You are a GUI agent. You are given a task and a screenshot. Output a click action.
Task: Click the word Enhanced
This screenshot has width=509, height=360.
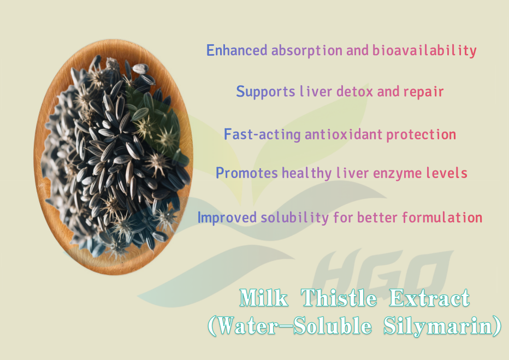[236, 50]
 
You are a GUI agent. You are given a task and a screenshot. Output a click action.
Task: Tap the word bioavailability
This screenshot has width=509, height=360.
[424, 51]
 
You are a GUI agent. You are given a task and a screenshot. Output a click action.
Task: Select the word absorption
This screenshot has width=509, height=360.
[307, 51]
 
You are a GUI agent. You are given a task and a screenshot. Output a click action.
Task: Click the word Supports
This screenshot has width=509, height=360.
[265, 92]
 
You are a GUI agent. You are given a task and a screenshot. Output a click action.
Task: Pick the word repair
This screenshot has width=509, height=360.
[423, 92]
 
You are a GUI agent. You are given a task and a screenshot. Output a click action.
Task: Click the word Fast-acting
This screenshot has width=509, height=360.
[262, 134]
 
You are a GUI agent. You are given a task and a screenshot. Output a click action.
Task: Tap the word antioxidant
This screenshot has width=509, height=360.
[344, 134]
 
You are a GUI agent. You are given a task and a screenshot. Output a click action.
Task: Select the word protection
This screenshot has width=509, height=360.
[421, 135]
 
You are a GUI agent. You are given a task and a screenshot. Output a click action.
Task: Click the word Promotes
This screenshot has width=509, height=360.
[247, 173]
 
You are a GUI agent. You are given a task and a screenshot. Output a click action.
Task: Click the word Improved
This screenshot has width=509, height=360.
[227, 217]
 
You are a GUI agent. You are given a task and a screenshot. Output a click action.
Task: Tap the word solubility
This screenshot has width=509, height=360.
[295, 217]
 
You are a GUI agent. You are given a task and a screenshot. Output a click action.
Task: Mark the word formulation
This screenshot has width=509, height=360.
[442, 217]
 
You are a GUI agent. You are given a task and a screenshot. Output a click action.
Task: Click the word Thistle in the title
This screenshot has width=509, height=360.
[339, 298]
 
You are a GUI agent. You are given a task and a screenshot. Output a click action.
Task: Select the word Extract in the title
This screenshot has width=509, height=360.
[429, 298]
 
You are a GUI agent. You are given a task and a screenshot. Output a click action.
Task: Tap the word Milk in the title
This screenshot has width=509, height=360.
[264, 298]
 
